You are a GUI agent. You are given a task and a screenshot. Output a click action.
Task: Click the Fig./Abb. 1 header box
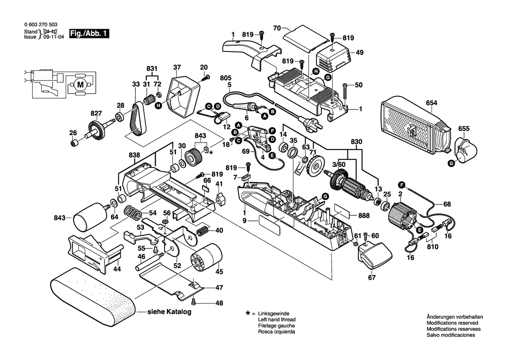(90, 34)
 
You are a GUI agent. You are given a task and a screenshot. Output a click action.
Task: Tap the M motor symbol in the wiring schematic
(80, 85)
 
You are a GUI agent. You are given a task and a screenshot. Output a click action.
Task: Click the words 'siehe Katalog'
(169, 312)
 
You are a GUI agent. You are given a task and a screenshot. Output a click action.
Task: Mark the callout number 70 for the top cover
(276, 27)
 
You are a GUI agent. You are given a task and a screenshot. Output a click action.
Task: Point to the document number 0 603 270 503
(40, 26)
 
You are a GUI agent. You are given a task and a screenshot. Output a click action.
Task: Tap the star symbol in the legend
(248, 313)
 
